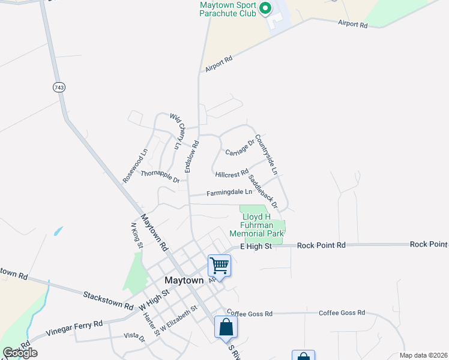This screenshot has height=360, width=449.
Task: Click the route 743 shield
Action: [59, 88]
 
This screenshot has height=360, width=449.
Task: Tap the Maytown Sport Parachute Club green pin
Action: [265, 8]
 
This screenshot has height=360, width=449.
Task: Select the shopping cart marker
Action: [219, 265]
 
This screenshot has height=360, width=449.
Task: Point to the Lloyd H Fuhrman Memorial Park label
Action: [256, 225]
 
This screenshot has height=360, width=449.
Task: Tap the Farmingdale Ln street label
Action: [229, 193]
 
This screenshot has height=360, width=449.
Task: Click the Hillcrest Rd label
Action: [232, 174]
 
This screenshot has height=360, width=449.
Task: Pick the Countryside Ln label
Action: [266, 155]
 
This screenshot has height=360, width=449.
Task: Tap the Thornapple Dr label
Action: [160, 176]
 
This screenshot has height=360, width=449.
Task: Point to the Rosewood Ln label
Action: [134, 166]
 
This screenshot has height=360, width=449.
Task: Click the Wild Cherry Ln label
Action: [175, 131]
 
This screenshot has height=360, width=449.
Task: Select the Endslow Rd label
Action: [191, 157]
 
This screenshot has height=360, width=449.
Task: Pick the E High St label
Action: [256, 246]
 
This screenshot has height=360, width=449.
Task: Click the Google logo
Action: [20, 353]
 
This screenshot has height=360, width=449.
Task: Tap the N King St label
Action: [136, 234]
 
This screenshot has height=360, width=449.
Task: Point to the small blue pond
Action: [58, 230]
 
